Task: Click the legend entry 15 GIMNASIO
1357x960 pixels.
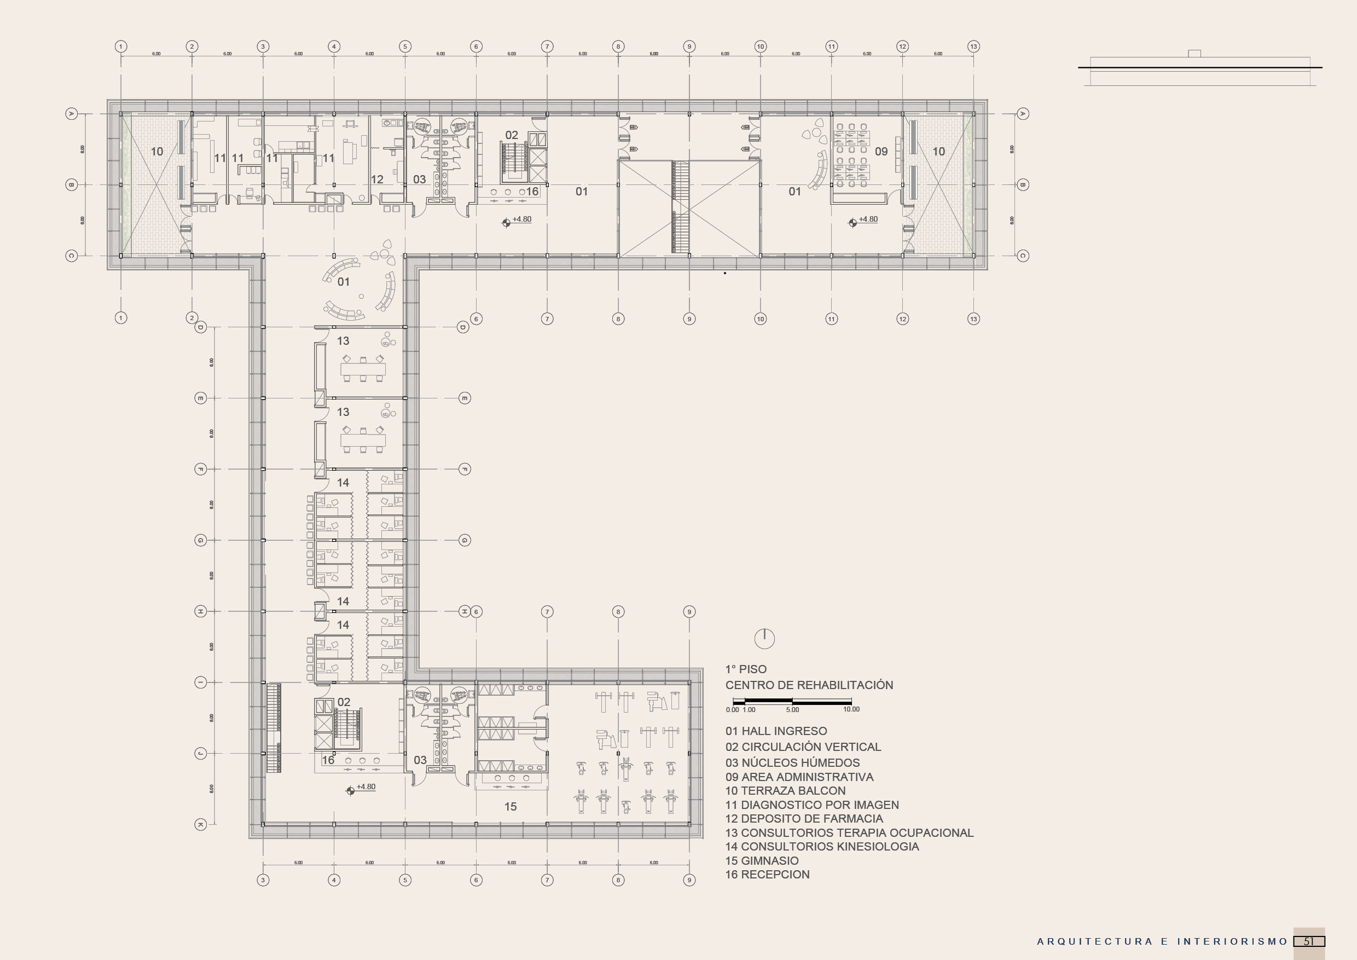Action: [762, 861]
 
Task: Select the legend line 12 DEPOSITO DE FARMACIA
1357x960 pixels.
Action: [804, 819]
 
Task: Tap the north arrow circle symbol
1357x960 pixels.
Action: [764, 638]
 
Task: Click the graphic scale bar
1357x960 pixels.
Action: [791, 701]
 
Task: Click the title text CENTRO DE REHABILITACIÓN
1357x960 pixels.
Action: [809, 685]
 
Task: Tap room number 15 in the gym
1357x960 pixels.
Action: [510, 806]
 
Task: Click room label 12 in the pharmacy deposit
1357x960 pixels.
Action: [377, 179]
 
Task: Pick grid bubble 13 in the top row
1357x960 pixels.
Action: [973, 46]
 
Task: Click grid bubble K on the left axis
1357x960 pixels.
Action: [200, 824]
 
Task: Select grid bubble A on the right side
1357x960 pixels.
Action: [1023, 113]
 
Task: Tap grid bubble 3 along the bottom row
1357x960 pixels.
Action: [263, 880]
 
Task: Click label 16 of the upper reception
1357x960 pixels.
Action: [532, 192]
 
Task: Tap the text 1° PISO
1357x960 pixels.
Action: [746, 669]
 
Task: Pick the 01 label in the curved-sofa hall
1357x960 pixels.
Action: [344, 282]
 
